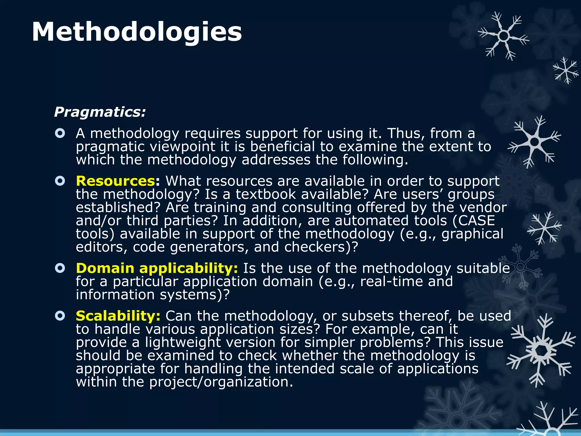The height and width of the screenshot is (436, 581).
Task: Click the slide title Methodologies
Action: (137, 32)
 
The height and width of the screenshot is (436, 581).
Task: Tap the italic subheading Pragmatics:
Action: (100, 112)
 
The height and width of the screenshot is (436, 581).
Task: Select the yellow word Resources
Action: (115, 181)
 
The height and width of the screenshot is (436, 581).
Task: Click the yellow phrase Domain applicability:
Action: (157, 268)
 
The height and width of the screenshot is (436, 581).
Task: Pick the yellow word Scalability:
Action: (118, 316)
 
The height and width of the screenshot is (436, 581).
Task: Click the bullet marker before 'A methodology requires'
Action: (60, 133)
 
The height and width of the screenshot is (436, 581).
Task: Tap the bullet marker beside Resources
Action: (60, 181)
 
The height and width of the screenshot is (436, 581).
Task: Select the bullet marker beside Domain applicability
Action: (60, 268)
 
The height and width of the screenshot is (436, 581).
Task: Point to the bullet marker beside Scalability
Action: (60, 316)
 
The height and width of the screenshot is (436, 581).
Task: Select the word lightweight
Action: (183, 342)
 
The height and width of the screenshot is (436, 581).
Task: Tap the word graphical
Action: (472, 234)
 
